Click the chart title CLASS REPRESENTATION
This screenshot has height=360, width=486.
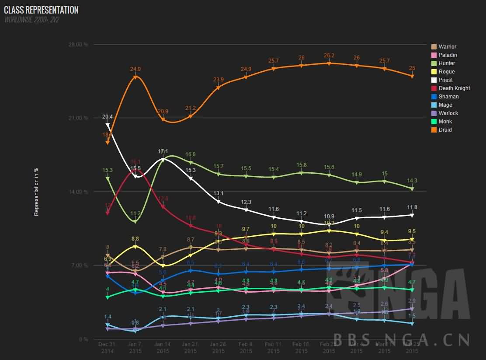click(x=42, y=10)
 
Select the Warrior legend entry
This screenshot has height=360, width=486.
click(x=447, y=47)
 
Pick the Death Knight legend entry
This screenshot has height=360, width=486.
click(x=454, y=88)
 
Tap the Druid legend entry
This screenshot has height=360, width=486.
click(x=445, y=130)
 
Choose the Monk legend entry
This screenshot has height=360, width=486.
click(x=445, y=122)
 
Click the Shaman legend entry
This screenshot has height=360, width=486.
click(x=448, y=97)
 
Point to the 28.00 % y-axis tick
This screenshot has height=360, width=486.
click(x=79, y=45)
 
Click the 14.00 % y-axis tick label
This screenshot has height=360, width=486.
click(x=79, y=192)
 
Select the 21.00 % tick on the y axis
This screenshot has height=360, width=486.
click(x=79, y=118)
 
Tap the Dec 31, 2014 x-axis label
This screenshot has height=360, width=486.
click(x=108, y=348)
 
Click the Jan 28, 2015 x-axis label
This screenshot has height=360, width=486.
click(x=218, y=348)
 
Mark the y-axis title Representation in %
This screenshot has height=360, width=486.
click(x=37, y=192)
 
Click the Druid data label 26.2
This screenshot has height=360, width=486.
click(x=329, y=56)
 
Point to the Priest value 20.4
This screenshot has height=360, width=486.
click(x=108, y=117)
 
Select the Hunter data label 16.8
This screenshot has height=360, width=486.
click(x=191, y=154)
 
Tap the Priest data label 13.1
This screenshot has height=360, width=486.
click(x=219, y=193)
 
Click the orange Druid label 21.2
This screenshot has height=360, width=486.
click(x=191, y=108)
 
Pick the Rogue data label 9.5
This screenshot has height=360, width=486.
click(x=411, y=231)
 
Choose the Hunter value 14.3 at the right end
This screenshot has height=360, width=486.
click(x=412, y=181)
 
